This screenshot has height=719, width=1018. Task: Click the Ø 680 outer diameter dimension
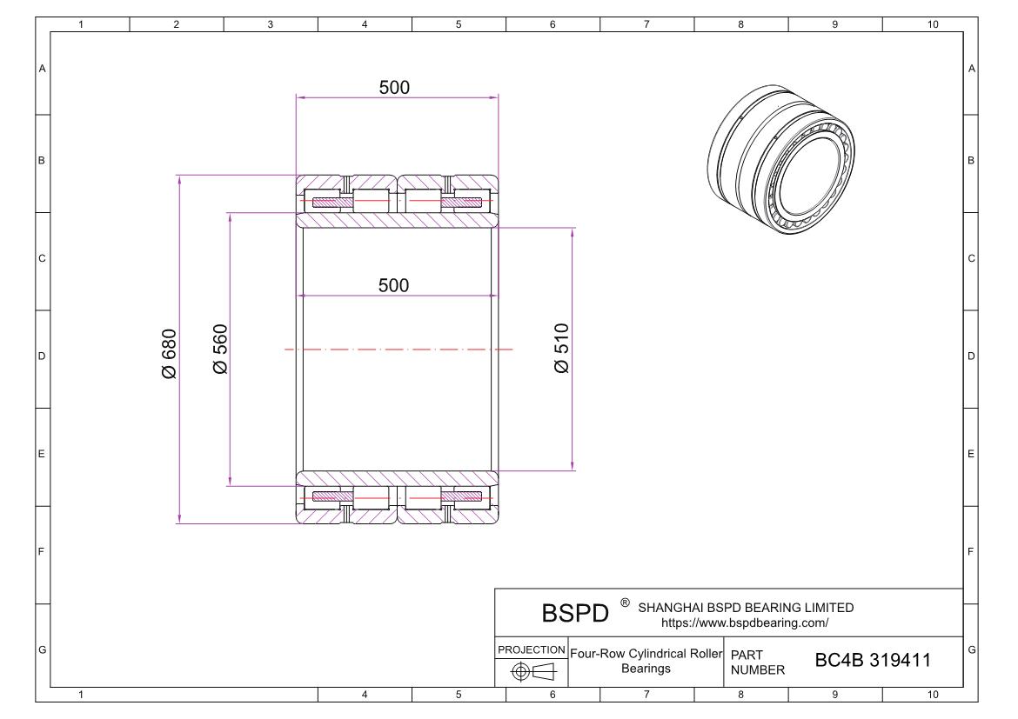(x=169, y=353)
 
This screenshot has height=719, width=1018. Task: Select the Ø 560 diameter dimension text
(x=220, y=350)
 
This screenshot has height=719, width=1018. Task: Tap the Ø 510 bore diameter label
(x=562, y=349)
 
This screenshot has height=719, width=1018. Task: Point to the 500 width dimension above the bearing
(x=394, y=88)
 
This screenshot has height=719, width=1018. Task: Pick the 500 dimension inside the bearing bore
(x=394, y=286)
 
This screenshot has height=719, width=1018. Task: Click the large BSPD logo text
(x=575, y=614)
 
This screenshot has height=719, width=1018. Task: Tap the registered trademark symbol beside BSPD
(x=625, y=602)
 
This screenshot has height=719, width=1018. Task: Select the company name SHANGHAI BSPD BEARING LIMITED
(x=746, y=608)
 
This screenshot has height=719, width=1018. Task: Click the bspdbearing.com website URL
(x=745, y=622)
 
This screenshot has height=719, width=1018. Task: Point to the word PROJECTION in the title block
(x=531, y=650)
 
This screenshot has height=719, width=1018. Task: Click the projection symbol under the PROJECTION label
(x=531, y=671)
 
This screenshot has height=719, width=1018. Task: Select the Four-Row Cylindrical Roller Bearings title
(x=646, y=661)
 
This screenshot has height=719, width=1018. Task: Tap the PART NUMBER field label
(x=757, y=662)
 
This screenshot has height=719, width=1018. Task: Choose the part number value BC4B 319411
(x=872, y=661)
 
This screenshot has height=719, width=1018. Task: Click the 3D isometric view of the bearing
(x=783, y=157)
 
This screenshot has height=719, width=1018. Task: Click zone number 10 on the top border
(x=932, y=24)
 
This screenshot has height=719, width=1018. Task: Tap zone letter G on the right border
(x=971, y=649)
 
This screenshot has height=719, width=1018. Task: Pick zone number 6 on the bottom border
(x=553, y=694)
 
